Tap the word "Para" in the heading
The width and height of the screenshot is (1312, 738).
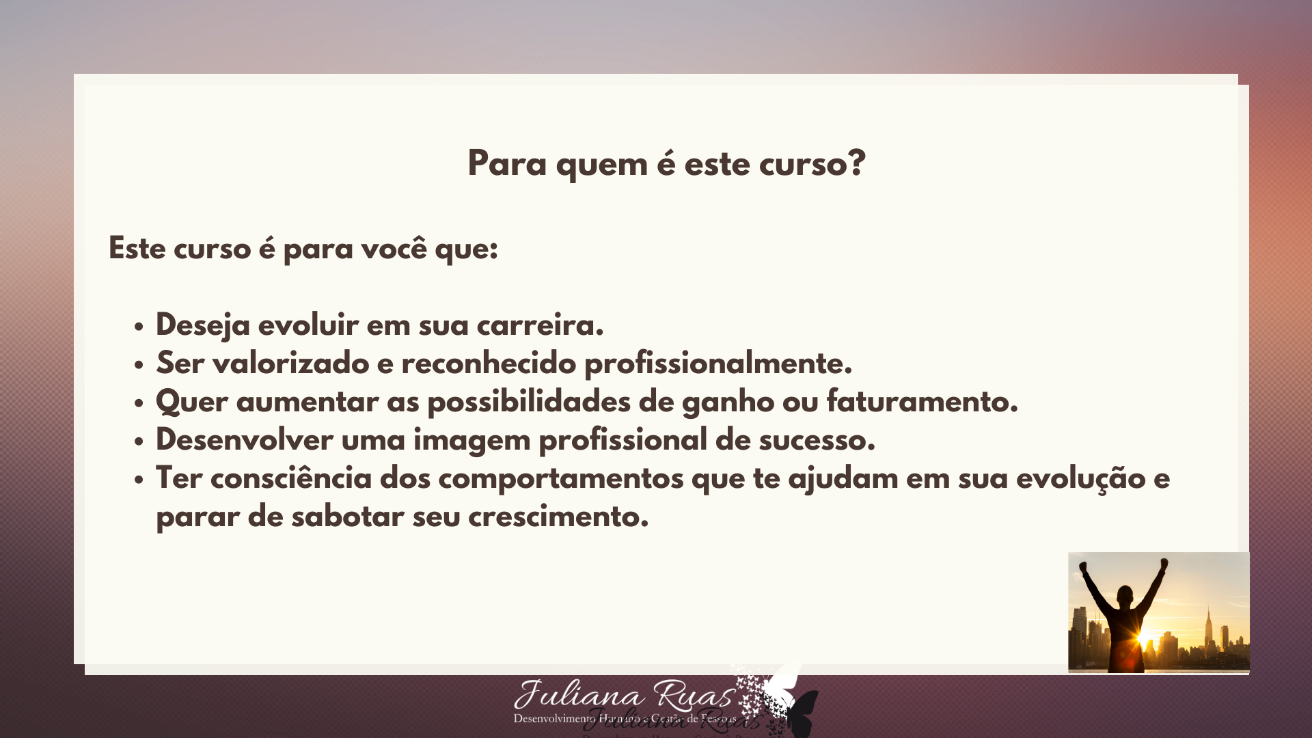506,164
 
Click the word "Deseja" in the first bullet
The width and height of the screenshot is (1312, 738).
203,325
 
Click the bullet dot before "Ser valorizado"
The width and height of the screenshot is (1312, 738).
139,365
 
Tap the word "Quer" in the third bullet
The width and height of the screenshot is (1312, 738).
191,402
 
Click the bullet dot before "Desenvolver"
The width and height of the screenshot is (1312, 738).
139,441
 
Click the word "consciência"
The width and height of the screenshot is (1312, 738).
291,478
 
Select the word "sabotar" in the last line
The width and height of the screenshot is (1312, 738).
348,517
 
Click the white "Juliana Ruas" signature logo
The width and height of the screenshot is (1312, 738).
624,697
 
